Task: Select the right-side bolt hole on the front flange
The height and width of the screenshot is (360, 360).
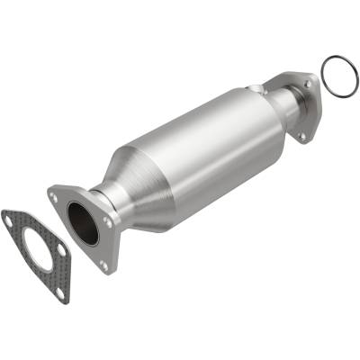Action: (x=109, y=220)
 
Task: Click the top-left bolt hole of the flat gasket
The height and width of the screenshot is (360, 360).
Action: (x=10, y=217)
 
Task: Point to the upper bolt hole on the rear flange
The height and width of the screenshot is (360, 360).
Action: (x=308, y=84)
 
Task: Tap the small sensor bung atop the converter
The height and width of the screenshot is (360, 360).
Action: (x=261, y=87)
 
